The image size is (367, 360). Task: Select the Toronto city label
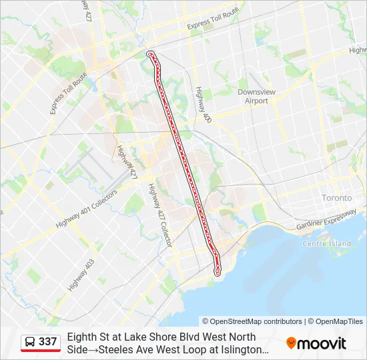click(336, 199)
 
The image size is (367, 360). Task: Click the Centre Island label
click(326, 244)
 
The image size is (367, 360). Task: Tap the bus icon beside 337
click(30, 343)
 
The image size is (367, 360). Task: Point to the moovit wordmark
click(322, 343)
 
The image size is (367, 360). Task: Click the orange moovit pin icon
click(291, 343)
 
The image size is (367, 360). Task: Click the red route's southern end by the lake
click(217, 273)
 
